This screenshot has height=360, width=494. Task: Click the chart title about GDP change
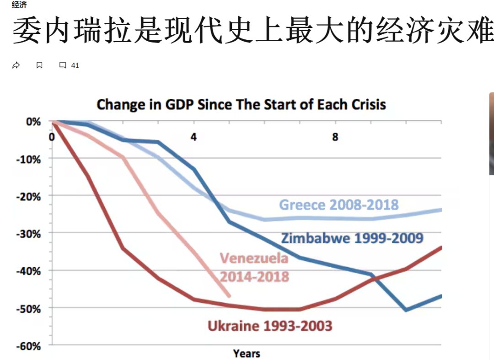(241, 104)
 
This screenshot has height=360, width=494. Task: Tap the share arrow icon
(16, 65)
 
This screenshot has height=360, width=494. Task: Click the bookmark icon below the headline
(39, 65)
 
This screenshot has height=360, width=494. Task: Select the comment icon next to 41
(63, 65)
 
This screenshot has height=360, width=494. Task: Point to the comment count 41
(75, 65)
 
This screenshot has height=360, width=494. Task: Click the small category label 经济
(19, 5)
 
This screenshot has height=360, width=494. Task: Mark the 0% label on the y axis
(33, 122)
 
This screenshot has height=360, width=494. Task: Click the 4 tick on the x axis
(194, 137)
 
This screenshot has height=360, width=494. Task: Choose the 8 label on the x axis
(335, 137)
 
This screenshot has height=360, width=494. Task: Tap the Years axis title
(247, 354)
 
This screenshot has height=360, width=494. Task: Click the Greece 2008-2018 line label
(339, 204)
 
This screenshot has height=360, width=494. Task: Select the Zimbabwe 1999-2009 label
(352, 238)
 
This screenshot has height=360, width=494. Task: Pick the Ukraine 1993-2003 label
(270, 326)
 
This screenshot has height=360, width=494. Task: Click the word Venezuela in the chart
(254, 258)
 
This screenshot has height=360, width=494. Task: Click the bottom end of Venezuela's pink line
(229, 296)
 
